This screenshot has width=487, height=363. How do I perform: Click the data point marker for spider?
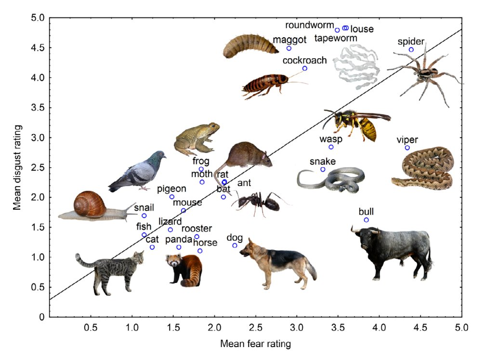(411, 50)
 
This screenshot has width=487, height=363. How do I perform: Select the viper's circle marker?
(407, 148)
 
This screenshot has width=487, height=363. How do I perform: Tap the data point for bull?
(366, 220)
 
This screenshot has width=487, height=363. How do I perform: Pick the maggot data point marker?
(289, 48)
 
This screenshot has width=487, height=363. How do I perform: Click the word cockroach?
(304, 60)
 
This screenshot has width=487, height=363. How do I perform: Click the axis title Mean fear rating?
(255, 344)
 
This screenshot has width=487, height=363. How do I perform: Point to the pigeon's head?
(158, 156)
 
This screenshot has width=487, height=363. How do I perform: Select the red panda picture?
(184, 270)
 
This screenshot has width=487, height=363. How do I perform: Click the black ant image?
(258, 202)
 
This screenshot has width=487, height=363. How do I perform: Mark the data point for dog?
(235, 245)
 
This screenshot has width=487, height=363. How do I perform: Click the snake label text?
(322, 161)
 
